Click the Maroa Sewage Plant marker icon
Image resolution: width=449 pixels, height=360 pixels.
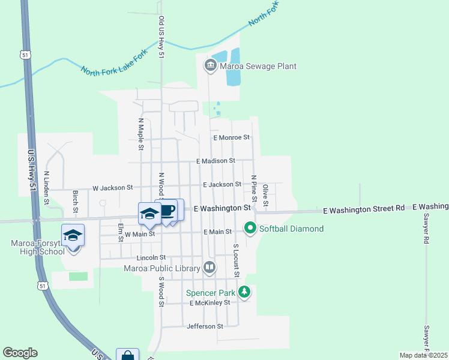tap(210, 66)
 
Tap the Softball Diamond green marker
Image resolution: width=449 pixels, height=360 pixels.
tap(250, 228)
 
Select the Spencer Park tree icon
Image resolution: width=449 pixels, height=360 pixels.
tap(244, 292)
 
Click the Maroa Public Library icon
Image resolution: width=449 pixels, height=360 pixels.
tap(209, 267)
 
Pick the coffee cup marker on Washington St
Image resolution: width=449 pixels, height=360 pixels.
tap(169, 211)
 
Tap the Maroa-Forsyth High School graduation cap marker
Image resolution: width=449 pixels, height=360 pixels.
tap(73, 235)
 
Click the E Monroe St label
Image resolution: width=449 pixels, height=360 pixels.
tap(231, 137)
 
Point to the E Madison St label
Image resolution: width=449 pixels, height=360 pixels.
tap(215, 161)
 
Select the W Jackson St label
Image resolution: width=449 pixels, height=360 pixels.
tap(112, 188)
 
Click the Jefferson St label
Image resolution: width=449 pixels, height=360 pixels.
tap(205, 326)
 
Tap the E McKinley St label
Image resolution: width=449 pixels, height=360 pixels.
tap(209, 303)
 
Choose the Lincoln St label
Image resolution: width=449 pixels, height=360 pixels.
tap(151, 257)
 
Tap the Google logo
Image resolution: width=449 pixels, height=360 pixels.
tap(20, 353)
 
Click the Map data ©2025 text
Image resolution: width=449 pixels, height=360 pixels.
tap(423, 355)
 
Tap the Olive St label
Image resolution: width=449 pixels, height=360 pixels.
tap(265, 193)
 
